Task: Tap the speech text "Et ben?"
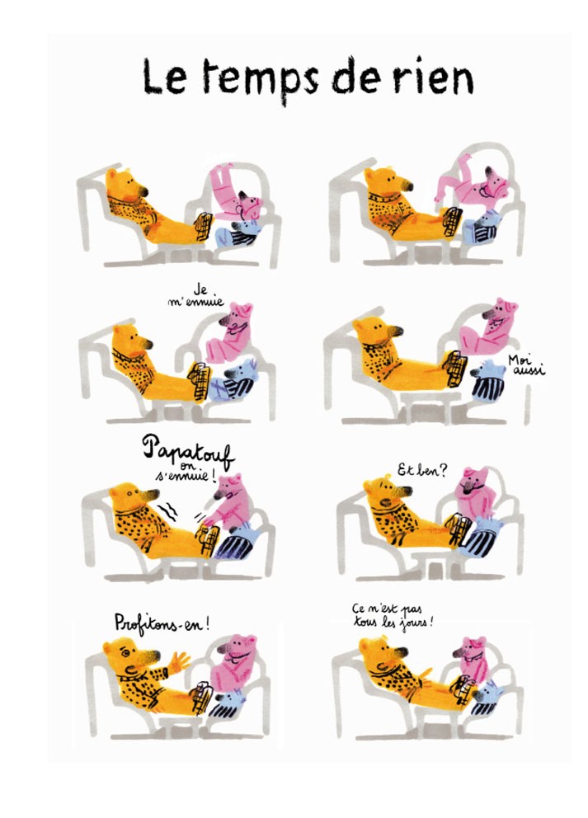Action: tap(422, 471)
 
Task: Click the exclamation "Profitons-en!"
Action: tap(162, 623)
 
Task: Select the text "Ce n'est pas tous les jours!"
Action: tap(393, 616)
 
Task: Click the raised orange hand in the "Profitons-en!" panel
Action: tap(178, 661)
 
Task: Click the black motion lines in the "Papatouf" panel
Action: tap(168, 510)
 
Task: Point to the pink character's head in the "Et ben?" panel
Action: tap(473, 482)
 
